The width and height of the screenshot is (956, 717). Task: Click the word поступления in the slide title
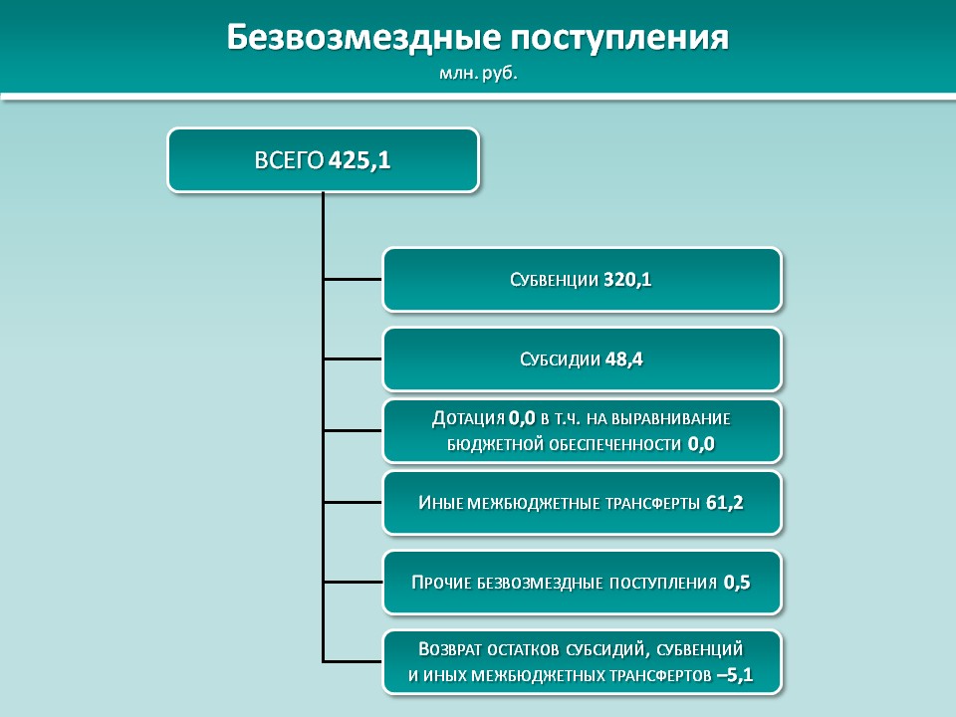(x=619, y=39)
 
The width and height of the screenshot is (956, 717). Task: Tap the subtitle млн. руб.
(x=478, y=74)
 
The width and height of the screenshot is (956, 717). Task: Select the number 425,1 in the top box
(x=359, y=160)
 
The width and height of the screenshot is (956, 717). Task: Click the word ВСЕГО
(x=289, y=160)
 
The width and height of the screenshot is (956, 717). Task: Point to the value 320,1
(x=627, y=280)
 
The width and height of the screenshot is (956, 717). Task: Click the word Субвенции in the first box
(x=555, y=280)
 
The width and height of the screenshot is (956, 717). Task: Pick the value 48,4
(x=624, y=359)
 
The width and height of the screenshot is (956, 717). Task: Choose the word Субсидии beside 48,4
(x=560, y=359)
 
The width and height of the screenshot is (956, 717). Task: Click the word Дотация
(x=468, y=418)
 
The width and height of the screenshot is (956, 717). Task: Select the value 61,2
(x=725, y=502)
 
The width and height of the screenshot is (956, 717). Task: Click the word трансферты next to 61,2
(x=652, y=503)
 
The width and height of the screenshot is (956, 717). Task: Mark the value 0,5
(x=737, y=583)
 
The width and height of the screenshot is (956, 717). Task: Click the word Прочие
(x=441, y=583)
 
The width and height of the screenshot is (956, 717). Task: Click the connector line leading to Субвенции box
(x=353, y=279)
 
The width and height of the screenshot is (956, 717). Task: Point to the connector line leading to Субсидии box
(x=353, y=359)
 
